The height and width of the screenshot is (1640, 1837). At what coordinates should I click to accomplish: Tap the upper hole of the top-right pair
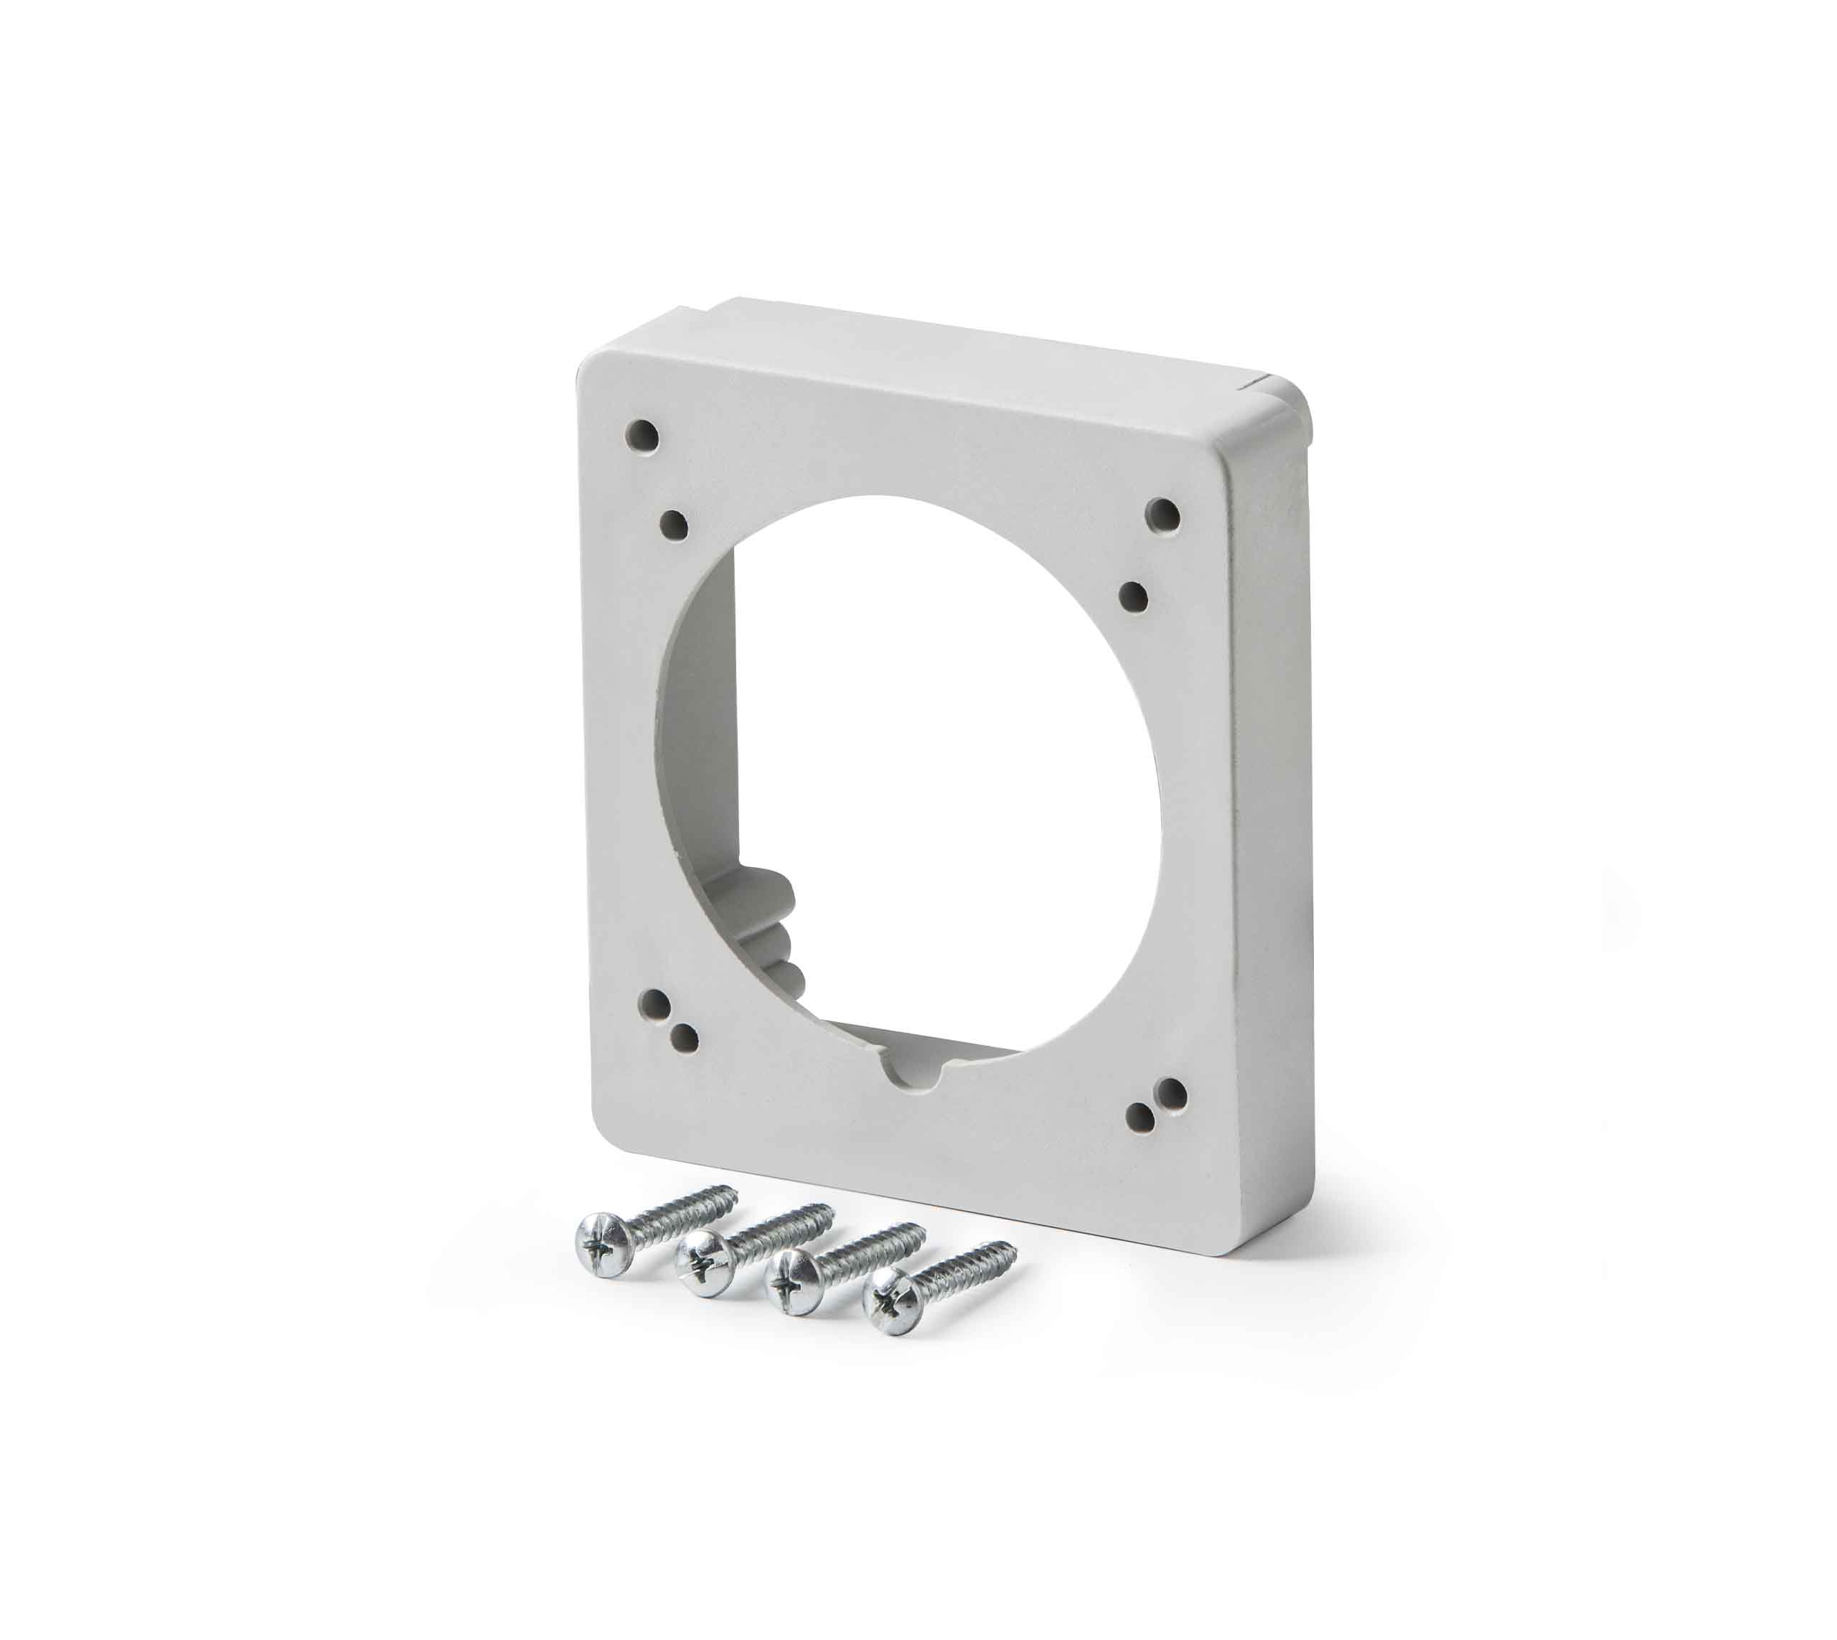(1162, 515)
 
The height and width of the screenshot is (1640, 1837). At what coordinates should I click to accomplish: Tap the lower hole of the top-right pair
(1135, 596)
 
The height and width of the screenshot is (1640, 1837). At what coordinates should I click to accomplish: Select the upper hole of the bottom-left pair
(655, 1005)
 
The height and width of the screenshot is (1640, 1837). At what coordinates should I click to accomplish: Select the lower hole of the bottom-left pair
(685, 1038)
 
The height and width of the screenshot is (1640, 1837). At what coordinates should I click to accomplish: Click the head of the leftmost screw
(601, 1244)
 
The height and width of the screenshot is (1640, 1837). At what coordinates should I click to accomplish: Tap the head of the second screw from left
(704, 1264)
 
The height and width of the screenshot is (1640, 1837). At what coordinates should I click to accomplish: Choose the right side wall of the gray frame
(1266, 811)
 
